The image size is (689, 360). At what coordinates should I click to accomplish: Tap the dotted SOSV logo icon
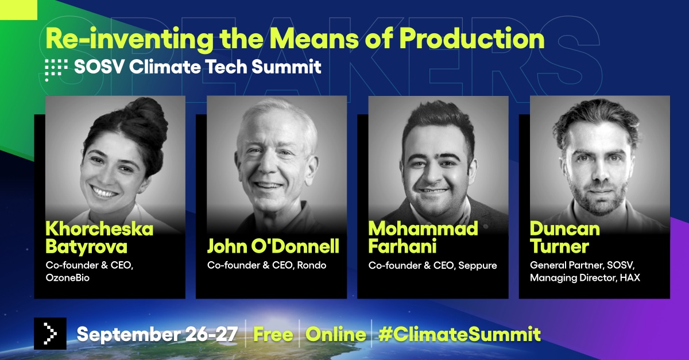point(56,68)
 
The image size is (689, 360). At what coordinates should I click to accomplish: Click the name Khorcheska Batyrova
point(99,238)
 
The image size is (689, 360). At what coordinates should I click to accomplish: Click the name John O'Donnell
point(273,246)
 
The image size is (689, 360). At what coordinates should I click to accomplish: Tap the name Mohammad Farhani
point(423,238)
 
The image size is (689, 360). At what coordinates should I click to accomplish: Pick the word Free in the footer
point(273,334)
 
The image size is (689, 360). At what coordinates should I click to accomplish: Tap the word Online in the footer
point(336,334)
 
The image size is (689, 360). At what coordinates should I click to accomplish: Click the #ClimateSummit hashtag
point(459,334)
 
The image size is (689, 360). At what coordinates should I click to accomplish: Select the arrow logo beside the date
point(51,334)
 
